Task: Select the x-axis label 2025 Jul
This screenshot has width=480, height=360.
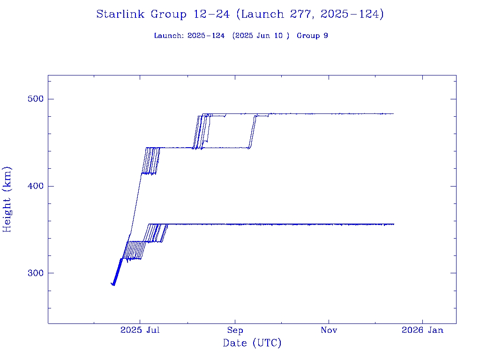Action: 140,330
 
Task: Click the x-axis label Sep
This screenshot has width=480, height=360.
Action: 235,330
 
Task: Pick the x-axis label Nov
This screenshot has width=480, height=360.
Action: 329,330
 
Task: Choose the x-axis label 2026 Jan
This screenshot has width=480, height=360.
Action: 422,330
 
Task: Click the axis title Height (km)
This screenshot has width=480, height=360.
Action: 7,199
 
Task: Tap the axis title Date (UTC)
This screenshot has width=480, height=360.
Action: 252,343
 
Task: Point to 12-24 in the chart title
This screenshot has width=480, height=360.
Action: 211,14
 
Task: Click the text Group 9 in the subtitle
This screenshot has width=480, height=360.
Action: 312,36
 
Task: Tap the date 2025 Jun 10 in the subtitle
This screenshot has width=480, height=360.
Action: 262,36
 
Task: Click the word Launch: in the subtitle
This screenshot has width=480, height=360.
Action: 168,36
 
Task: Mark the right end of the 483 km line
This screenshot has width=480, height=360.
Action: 393,113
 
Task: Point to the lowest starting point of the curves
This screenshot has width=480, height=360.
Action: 113,285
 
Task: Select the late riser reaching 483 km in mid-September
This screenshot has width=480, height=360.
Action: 252,131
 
